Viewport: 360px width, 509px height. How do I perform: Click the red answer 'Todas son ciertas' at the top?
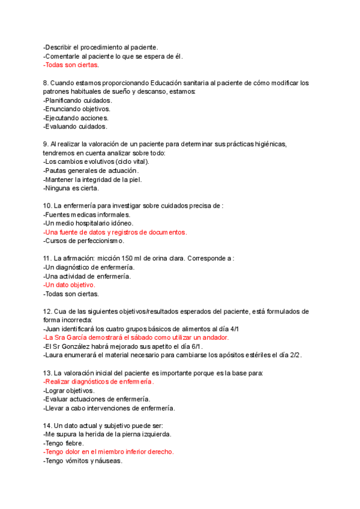(71, 65)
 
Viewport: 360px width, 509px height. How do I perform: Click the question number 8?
(46, 82)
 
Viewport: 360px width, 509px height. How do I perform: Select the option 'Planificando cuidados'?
(77, 100)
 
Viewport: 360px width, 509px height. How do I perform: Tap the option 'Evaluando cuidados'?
(76, 127)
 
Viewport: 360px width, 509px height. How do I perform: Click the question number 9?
(46, 144)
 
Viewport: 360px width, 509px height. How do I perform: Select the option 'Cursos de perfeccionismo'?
(83, 241)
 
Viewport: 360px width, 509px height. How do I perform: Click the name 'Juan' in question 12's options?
(52, 329)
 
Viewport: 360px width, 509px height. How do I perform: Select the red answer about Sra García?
(136, 338)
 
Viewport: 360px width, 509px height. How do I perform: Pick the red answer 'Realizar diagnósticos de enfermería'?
(98, 382)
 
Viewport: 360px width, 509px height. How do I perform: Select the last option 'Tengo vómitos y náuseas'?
(83, 461)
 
